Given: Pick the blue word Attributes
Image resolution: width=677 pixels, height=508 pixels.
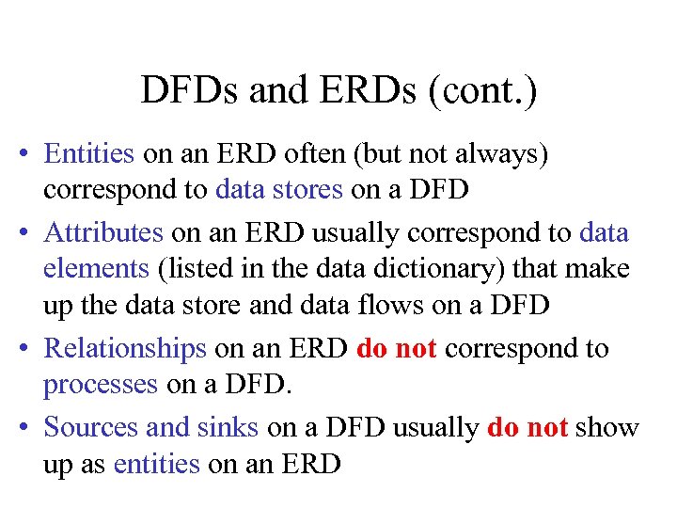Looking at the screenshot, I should tap(103, 231).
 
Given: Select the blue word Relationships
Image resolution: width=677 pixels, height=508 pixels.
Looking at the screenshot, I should tap(125, 348).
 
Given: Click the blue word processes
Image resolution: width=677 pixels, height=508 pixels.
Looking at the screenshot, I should tap(101, 386).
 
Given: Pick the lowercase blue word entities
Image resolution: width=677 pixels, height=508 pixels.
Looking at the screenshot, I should tap(156, 465).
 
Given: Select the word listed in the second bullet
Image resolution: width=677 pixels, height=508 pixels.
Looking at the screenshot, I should tap(190, 269).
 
